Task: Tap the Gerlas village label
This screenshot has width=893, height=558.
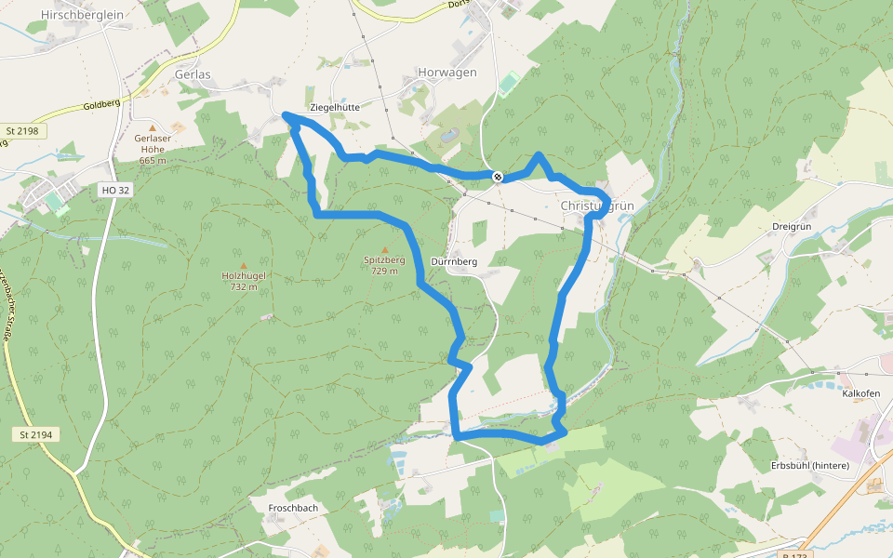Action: (x=192, y=74)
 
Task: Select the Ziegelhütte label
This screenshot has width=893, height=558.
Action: (x=334, y=107)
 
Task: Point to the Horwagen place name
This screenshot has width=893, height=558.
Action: (x=447, y=73)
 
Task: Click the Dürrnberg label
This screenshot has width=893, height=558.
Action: (x=455, y=261)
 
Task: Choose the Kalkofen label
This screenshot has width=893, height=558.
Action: (x=860, y=393)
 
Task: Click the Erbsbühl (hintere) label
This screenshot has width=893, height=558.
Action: (x=810, y=465)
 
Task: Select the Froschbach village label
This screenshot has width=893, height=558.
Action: (x=293, y=508)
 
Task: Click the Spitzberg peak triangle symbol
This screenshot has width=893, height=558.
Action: (x=385, y=250)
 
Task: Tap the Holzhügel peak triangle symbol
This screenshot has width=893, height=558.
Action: (x=244, y=266)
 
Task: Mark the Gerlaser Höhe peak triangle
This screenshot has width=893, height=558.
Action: (x=153, y=127)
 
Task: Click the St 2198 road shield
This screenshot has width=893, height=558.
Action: (x=22, y=131)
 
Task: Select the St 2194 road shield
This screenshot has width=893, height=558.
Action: (x=37, y=434)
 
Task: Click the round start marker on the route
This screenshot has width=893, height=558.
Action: (x=499, y=176)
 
